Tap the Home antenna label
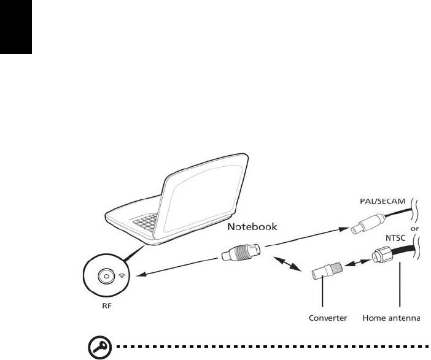(x=391, y=318)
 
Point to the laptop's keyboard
(x=151, y=226)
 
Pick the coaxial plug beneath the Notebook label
(x=240, y=251)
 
